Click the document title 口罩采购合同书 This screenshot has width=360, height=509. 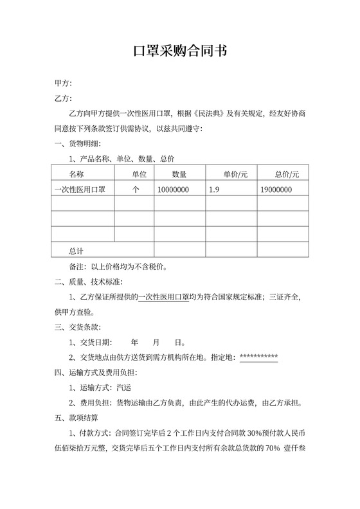(x=179, y=51)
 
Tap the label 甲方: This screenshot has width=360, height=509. (x=63, y=84)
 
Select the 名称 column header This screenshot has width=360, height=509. (x=76, y=174)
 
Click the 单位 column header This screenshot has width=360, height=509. (x=139, y=174)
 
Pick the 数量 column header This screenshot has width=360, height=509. (x=179, y=174)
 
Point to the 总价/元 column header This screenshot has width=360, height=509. (x=287, y=174)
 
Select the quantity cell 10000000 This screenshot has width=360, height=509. (x=173, y=190)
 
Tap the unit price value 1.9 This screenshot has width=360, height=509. (x=215, y=190)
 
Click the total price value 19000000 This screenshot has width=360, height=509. (x=276, y=190)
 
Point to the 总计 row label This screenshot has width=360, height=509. (x=76, y=250)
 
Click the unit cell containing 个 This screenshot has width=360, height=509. (x=136, y=190)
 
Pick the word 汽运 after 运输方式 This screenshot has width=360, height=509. (x=122, y=388)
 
